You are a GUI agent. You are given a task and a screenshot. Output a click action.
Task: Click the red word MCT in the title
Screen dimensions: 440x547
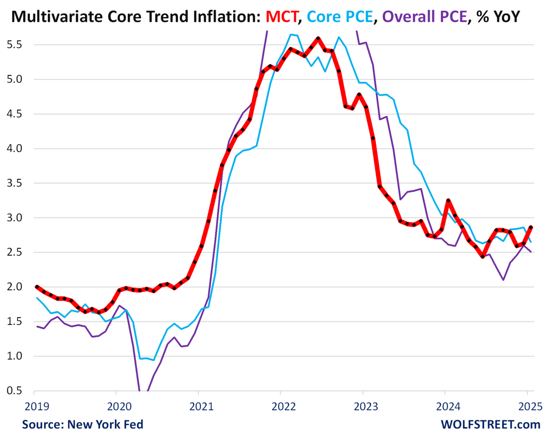click(282, 16)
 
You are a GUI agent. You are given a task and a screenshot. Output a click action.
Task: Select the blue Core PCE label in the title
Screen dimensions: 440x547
click(340, 16)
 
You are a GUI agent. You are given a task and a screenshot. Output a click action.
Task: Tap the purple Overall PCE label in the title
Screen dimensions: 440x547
click(425, 16)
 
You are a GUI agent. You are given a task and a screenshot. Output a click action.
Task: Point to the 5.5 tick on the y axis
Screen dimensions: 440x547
click(14, 44)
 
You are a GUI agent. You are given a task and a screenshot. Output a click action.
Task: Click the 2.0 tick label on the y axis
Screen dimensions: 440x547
click(14, 287)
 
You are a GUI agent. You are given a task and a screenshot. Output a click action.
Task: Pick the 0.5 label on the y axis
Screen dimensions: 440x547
click(14, 390)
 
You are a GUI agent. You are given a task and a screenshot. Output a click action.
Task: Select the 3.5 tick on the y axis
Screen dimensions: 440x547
click(14, 183)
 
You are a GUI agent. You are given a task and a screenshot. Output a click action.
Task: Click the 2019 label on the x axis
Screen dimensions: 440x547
click(37, 407)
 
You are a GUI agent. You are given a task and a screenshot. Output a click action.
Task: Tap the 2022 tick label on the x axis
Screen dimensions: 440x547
click(283, 407)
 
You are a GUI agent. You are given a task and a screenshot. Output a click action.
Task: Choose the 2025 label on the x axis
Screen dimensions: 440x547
click(530, 407)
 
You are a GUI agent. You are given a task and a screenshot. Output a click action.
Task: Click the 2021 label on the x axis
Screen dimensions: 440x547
click(201, 407)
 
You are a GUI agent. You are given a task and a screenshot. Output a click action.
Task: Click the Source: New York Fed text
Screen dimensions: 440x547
click(83, 424)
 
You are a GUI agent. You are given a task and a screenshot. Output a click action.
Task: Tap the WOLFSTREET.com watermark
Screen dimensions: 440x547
click(491, 424)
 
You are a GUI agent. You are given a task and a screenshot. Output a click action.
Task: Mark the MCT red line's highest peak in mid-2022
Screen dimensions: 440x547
click(318, 38)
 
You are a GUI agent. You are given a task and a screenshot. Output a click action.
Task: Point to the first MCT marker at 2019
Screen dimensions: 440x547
click(37, 287)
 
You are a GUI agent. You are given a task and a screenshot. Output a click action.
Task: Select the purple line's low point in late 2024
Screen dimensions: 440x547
click(503, 280)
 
